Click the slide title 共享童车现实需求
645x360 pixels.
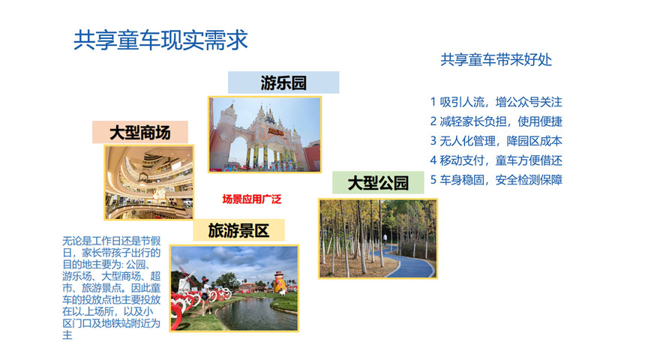(160, 40)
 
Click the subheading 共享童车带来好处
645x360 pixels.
(496, 60)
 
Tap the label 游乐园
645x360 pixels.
(283, 82)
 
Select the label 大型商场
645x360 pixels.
(139, 133)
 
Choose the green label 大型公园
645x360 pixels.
(378, 183)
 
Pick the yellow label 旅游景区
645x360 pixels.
(238, 230)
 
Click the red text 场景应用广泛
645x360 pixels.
(252, 199)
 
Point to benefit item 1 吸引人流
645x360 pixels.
(496, 102)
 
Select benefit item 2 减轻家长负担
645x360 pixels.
(496, 121)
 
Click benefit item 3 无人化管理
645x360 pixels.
(496, 141)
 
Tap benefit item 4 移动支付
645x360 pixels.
(496, 160)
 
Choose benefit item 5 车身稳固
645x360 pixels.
(496, 180)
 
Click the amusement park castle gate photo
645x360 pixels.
(265, 134)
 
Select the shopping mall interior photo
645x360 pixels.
(148, 182)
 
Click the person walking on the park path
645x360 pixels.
(385, 239)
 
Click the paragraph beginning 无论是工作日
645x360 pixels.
(111, 288)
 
